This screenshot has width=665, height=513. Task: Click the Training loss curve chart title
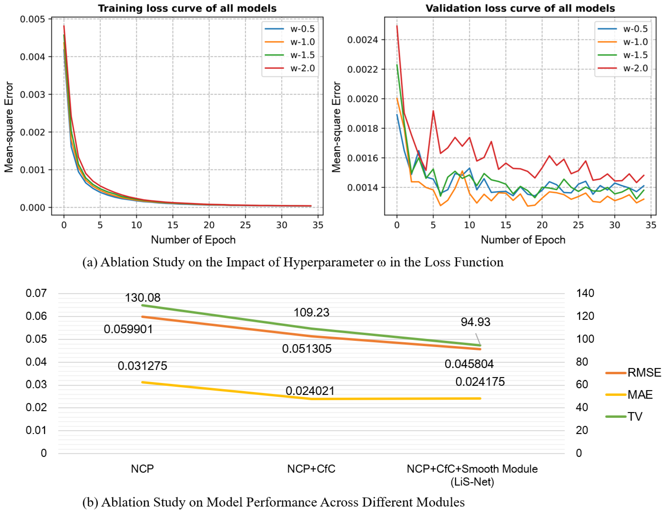pyautogui.click(x=187, y=8)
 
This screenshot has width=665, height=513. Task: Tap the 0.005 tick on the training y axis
pyautogui.click(x=32, y=19)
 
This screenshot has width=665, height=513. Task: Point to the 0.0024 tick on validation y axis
pyautogui.click(x=362, y=40)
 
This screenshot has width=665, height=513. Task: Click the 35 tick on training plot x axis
pyautogui.click(x=318, y=225)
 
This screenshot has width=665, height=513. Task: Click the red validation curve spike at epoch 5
pyautogui.click(x=433, y=111)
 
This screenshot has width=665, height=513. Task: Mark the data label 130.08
pyautogui.click(x=142, y=297)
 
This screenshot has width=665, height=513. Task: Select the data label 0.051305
pyautogui.click(x=307, y=348)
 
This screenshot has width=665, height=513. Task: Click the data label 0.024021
pyautogui.click(x=310, y=391)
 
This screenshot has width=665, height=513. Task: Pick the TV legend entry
pyautogui.click(x=635, y=416)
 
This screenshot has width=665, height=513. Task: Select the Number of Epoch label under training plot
pyautogui.click(x=193, y=240)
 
